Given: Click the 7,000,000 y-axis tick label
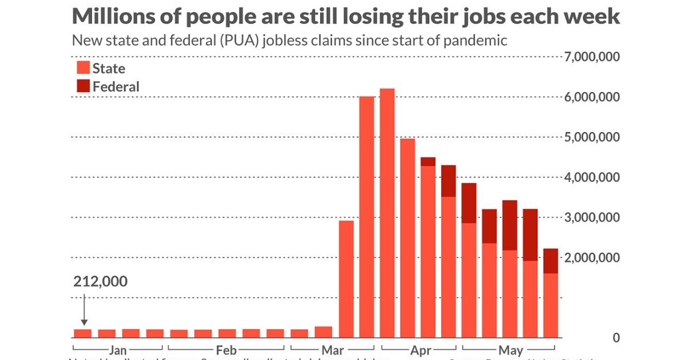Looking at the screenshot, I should coord(592,57).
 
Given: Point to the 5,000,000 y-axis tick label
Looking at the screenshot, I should coord(592,137).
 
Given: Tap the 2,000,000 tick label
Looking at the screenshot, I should coord(592,258).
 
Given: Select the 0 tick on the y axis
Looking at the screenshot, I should coord(616,338).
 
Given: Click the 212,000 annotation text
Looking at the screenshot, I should coord(101,282).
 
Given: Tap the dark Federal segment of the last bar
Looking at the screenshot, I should coord(551,261).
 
